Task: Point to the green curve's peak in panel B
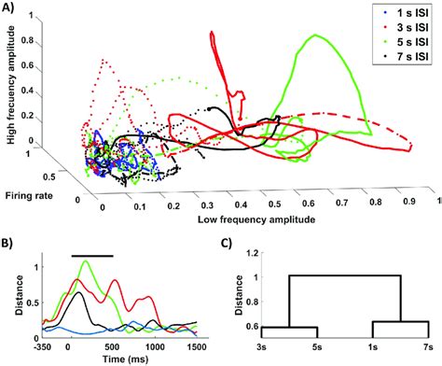(88, 262)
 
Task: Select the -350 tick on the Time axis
(37, 345)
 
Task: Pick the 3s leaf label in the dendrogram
(262, 347)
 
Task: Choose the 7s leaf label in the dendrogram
(427, 347)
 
